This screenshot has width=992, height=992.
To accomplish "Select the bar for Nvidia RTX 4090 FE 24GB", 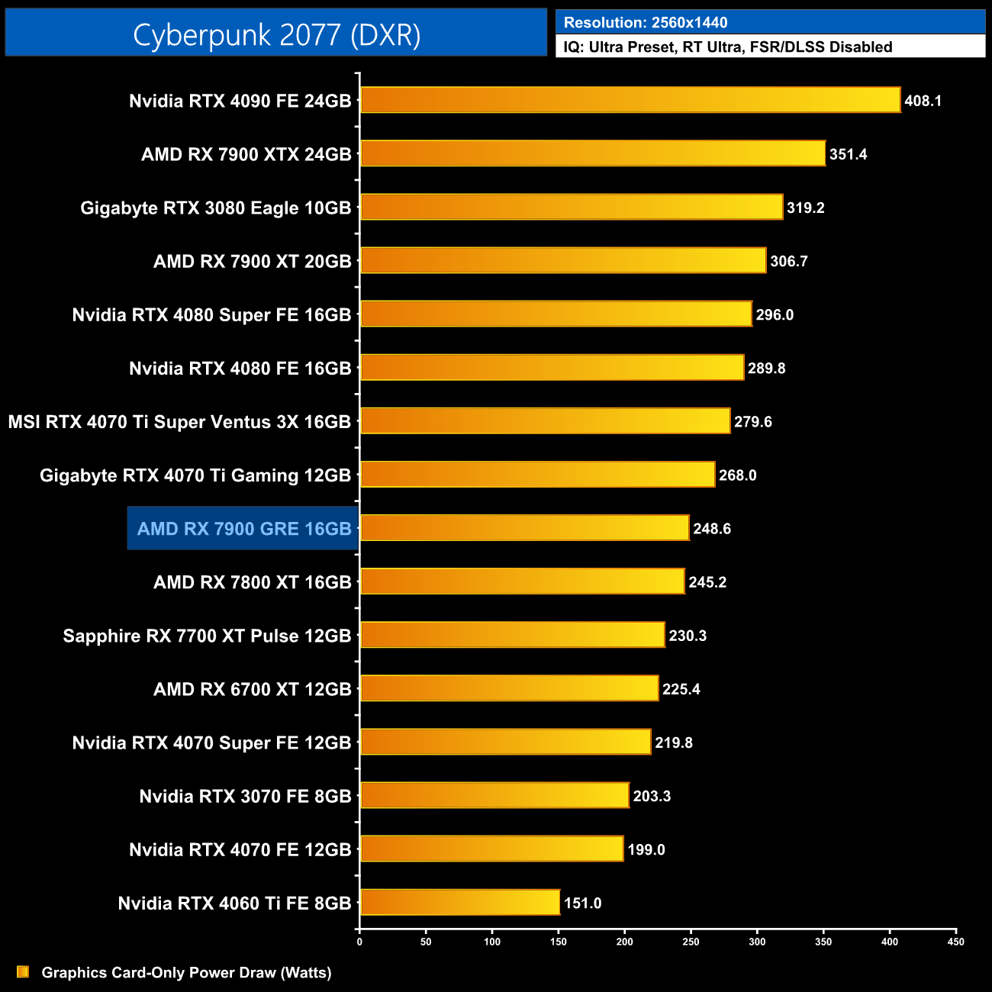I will (x=630, y=100).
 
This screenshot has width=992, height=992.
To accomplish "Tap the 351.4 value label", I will (x=848, y=154).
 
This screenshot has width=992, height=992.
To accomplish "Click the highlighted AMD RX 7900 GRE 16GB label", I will (x=244, y=529).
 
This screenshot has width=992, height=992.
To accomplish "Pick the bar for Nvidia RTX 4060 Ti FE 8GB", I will (x=459, y=903).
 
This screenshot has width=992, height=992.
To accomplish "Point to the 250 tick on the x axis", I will (x=691, y=942).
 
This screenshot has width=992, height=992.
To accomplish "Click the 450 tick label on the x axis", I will (x=955, y=942).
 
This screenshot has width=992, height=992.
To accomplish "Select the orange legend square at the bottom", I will (x=23, y=971).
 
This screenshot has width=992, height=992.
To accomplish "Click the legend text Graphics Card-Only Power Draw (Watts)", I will (x=186, y=973).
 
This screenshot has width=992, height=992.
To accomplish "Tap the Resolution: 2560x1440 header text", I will (x=646, y=23).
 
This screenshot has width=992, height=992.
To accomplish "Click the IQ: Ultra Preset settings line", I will (x=727, y=47).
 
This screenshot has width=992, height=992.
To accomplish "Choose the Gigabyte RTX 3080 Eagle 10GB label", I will (x=216, y=208).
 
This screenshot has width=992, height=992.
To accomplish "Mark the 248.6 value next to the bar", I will (x=711, y=529).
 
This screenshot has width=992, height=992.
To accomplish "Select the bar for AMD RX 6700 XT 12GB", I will (x=509, y=688).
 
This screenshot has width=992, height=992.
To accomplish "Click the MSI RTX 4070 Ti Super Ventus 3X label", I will (x=179, y=422).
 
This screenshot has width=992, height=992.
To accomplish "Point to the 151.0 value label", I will (x=582, y=903).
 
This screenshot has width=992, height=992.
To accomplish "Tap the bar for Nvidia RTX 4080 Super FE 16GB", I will (x=556, y=314).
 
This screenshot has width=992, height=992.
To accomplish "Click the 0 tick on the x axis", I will (x=359, y=942).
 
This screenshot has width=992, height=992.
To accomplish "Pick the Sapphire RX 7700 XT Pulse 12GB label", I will (x=207, y=636).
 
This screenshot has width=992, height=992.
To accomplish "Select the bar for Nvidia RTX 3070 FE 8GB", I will (x=494, y=795).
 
